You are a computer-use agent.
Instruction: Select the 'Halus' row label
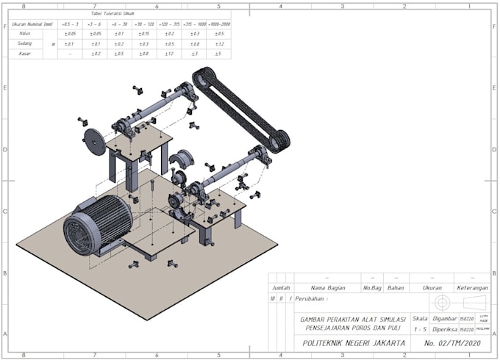25,34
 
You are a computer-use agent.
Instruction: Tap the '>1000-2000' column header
218,24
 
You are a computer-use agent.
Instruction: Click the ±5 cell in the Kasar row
218,54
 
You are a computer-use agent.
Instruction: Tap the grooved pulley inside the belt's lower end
279,140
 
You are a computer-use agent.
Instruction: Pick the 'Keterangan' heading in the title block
472,288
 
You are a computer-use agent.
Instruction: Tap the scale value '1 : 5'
420,330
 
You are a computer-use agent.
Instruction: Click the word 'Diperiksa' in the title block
444,330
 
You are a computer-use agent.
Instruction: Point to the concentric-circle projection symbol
442,303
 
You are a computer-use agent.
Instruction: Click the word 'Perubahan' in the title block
310,298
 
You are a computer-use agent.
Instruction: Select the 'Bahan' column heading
396,288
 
